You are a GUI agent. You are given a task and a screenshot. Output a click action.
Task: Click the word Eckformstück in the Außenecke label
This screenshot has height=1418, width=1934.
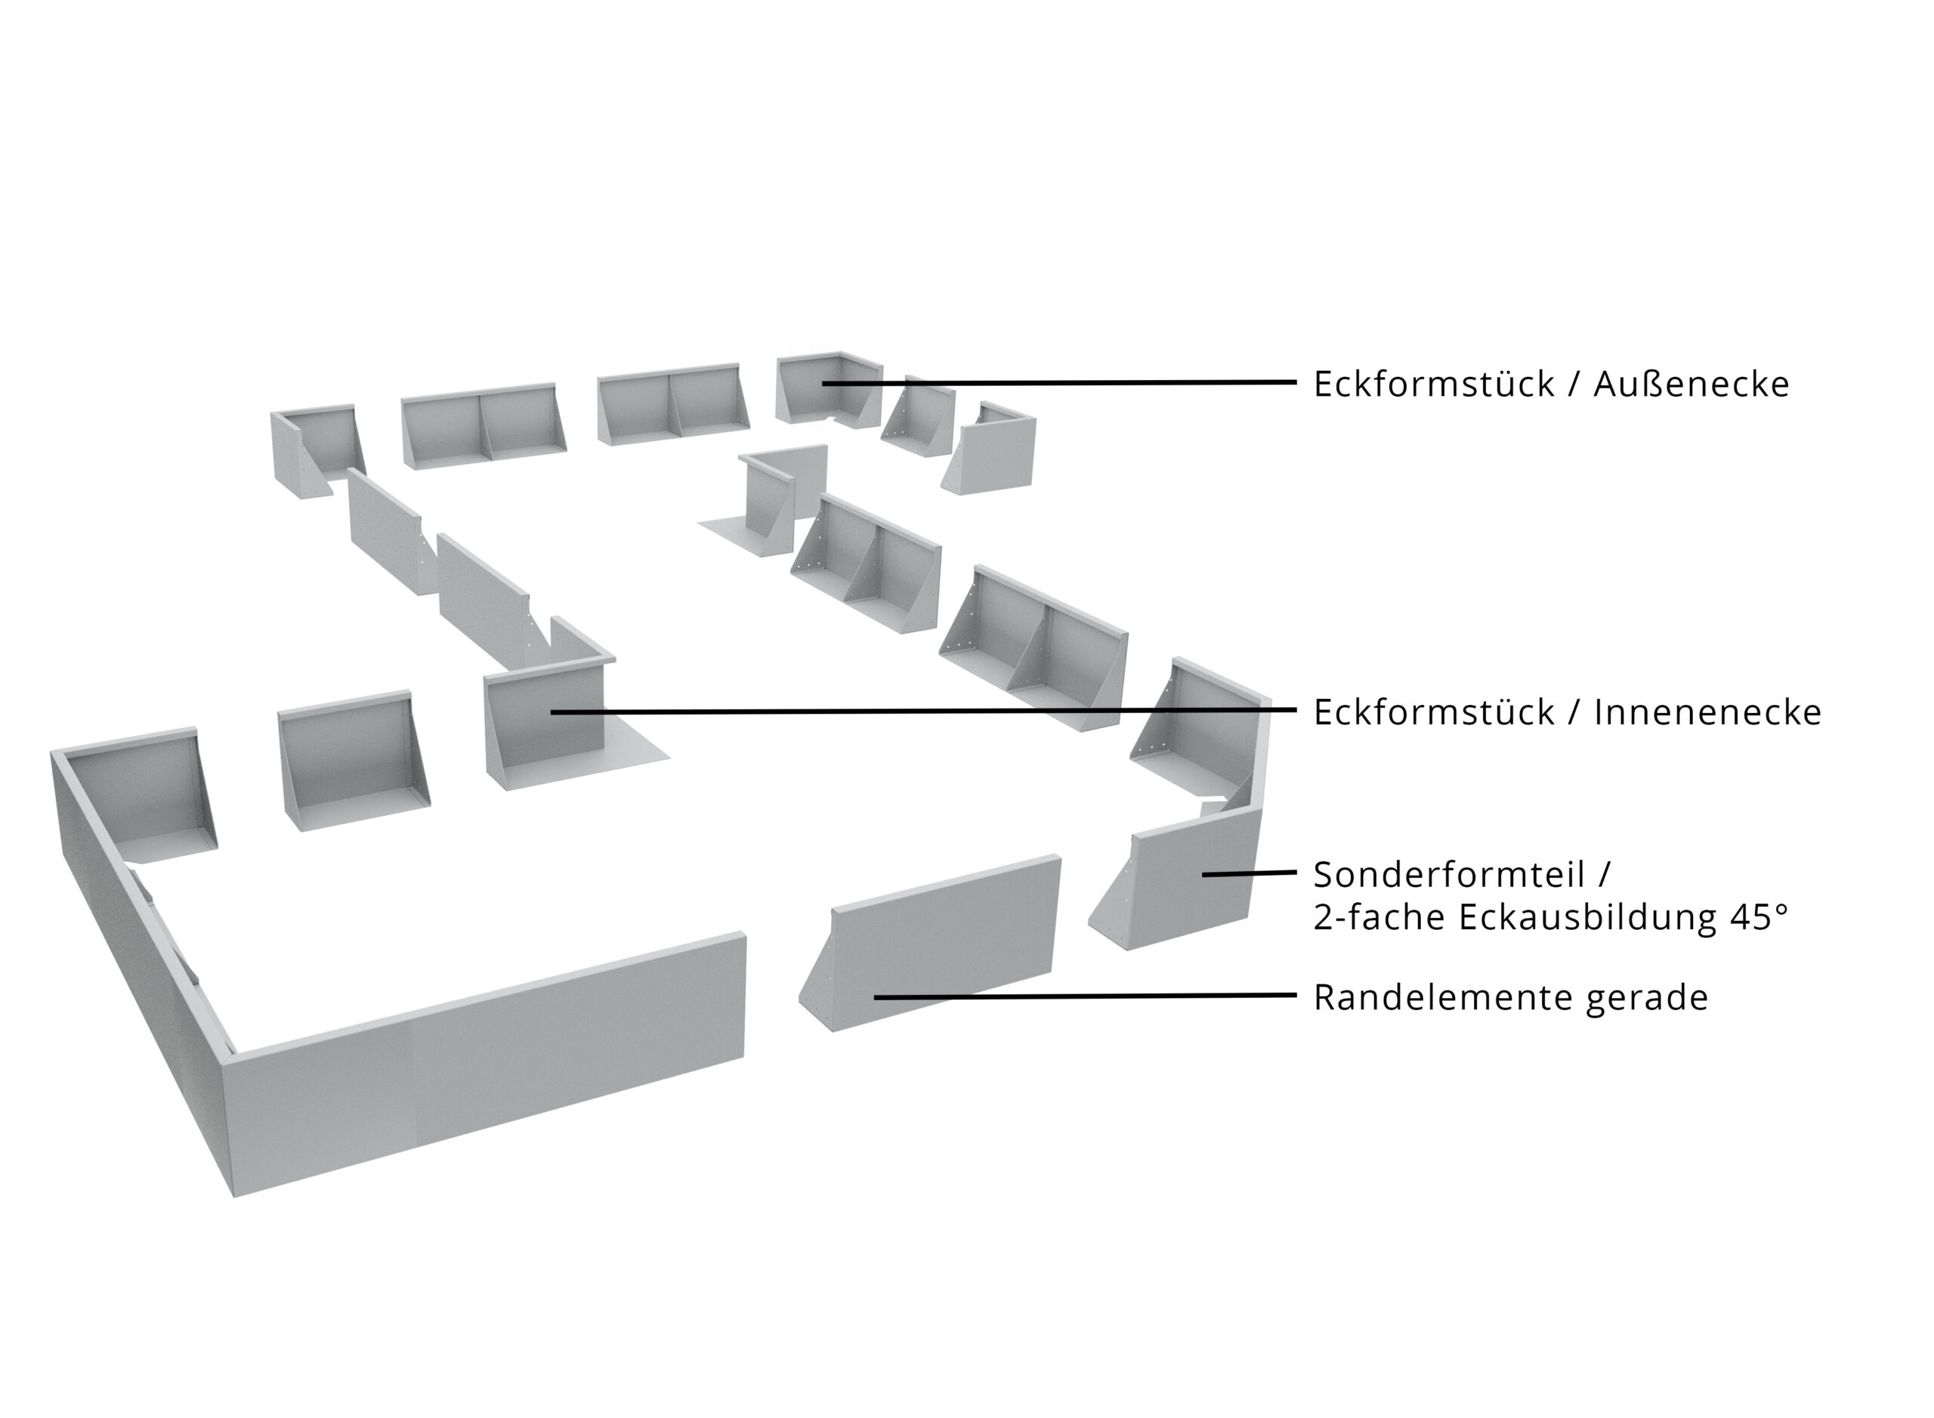(1435, 384)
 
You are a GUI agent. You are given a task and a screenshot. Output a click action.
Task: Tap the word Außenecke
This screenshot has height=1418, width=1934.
(1691, 384)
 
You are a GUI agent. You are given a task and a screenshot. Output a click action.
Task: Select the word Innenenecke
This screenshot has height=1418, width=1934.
(1707, 712)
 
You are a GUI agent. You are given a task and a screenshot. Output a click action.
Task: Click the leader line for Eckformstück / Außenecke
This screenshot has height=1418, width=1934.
(1059, 383)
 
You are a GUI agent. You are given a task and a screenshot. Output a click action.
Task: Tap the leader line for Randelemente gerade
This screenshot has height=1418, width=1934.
(1085, 996)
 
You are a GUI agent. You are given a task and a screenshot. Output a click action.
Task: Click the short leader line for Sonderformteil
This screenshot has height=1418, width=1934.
(1249, 873)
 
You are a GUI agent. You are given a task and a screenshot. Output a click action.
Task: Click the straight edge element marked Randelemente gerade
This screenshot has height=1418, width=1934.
(931, 944)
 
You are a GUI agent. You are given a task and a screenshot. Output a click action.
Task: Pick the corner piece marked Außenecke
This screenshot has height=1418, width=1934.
(827, 391)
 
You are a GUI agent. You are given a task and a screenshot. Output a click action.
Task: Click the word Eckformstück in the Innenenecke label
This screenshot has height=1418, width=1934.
(1435, 712)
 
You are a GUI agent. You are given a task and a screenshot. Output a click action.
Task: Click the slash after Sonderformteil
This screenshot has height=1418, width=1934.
(1602, 876)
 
